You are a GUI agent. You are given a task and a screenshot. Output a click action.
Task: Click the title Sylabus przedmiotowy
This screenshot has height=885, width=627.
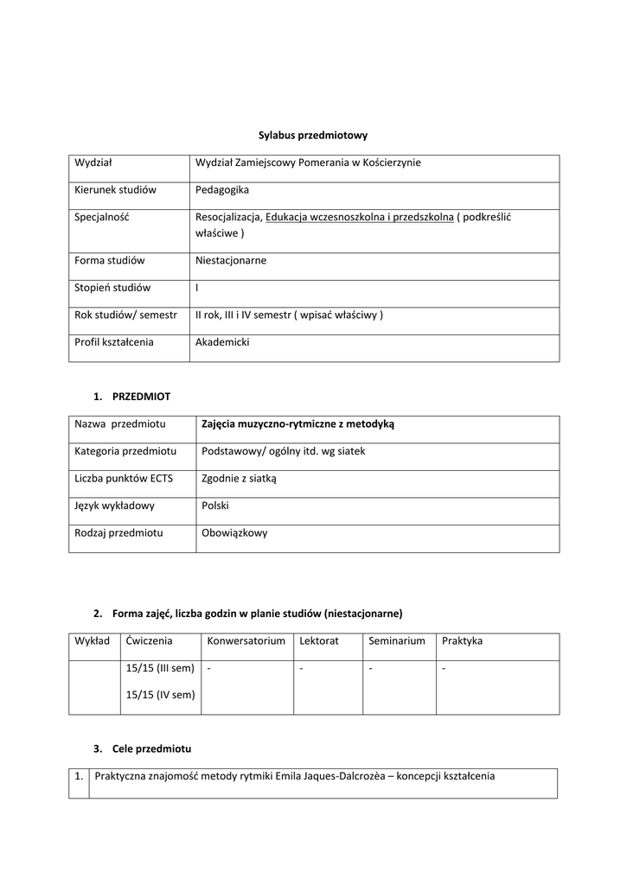coord(313,135)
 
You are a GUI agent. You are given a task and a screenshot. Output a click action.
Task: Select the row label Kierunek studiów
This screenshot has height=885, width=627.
coord(115,189)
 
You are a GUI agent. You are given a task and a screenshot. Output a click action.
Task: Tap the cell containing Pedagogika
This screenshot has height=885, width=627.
coord(221,189)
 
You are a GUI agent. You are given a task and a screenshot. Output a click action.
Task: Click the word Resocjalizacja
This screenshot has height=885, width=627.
coord(228,217)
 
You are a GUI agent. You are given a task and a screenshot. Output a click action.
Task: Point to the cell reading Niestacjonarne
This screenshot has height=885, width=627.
coord(231,260)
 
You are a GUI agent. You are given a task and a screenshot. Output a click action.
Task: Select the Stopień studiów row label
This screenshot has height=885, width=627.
coord(112,288)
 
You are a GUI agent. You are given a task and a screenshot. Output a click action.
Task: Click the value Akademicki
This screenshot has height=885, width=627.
coord(222,342)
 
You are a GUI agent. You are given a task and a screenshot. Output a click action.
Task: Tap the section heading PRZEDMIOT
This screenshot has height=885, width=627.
coord(141,397)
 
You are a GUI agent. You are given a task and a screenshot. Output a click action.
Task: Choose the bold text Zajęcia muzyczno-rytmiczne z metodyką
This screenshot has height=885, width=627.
coord(298,423)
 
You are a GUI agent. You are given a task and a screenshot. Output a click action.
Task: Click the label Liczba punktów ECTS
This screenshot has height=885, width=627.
coord(124,478)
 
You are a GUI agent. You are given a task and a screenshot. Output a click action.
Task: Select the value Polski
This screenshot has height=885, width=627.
coord(215,506)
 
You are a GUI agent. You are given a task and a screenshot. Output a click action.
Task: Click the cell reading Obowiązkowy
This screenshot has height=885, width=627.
coord(234,533)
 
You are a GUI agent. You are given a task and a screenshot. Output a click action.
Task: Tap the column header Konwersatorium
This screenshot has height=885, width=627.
coord(246,640)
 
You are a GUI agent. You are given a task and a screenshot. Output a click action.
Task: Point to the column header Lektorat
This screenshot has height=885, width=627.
coord(318,640)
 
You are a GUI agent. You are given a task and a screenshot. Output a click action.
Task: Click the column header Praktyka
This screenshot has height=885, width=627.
coord(462,640)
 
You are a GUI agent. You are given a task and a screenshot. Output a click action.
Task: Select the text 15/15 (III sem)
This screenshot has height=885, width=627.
coord(160,668)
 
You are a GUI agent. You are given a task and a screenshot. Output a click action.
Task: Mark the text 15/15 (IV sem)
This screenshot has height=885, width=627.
coord(160,695)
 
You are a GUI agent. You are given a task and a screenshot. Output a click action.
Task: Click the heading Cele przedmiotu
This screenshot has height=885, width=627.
coord(151,748)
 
